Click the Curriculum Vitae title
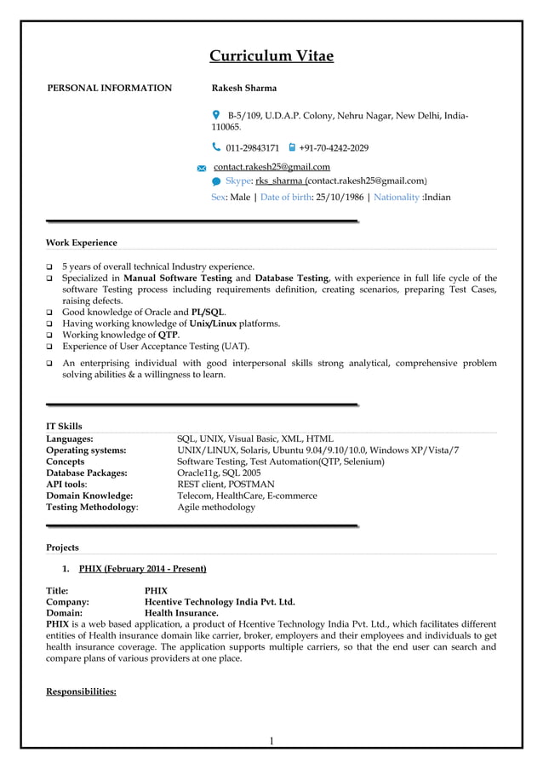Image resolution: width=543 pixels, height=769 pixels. click(x=271, y=57)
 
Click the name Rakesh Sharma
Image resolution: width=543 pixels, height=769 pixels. click(x=243, y=88)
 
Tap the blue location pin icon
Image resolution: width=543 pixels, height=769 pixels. click(x=215, y=114)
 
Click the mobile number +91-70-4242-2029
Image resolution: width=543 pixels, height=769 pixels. click(x=334, y=148)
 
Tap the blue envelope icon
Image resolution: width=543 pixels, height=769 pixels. click(x=202, y=169)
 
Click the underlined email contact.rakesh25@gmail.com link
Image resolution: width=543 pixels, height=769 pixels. click(x=271, y=167)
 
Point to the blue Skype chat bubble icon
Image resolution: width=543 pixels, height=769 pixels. click(x=216, y=181)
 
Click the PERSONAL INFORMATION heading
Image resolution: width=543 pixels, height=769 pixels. click(x=109, y=88)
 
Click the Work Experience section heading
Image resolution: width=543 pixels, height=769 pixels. click(x=82, y=243)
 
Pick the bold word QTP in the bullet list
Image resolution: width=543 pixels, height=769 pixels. click(x=168, y=335)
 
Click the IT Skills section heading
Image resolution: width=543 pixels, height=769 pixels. click(x=64, y=426)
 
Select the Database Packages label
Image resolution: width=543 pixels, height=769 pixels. click(x=87, y=473)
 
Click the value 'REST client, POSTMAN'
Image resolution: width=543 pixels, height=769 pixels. click(x=226, y=484)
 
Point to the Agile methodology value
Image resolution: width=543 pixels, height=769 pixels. click(x=215, y=507)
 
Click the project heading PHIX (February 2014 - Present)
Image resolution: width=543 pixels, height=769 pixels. click(x=142, y=568)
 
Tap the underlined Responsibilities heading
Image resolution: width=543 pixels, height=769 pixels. click(x=81, y=692)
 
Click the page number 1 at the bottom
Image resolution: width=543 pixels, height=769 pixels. click(x=271, y=741)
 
